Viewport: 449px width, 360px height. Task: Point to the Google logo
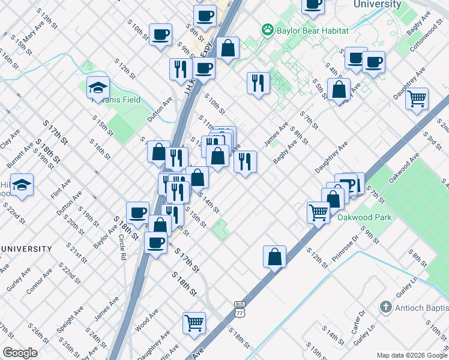pyautogui.click(x=20, y=353)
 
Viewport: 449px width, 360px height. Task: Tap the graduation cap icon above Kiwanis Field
pyautogui.click(x=98, y=88)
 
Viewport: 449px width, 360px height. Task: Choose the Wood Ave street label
pyautogui.click(x=147, y=320)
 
